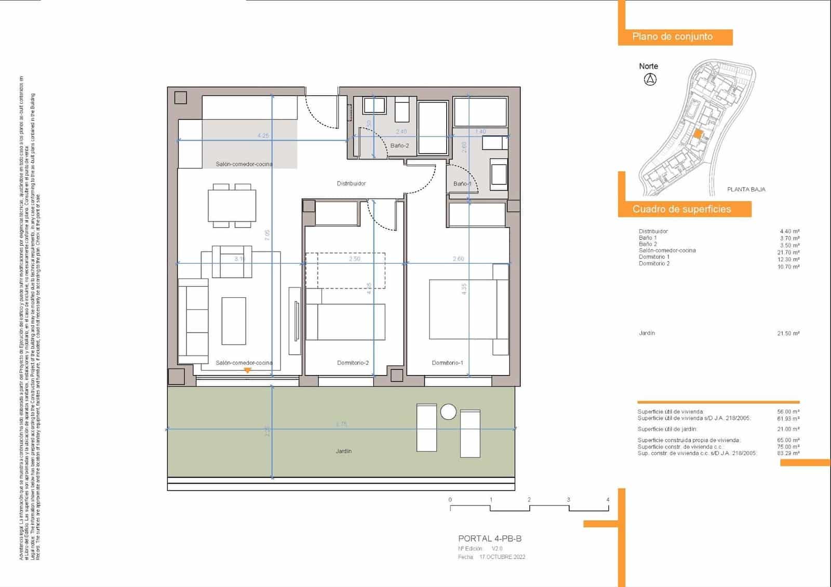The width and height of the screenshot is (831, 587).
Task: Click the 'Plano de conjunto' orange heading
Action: coord(672,37)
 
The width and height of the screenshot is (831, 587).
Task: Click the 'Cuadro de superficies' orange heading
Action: coord(681,209)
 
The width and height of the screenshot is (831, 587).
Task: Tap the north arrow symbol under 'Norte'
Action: coord(650,79)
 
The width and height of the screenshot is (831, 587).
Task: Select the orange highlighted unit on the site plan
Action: coord(698,134)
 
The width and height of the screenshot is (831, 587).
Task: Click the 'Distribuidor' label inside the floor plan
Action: coord(351,183)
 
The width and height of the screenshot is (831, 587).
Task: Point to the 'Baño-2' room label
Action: coord(399,146)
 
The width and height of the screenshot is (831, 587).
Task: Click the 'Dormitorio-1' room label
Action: coord(447,363)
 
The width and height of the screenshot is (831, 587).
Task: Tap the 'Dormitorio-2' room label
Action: coord(353,363)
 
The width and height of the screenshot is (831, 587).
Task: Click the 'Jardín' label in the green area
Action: coord(343,451)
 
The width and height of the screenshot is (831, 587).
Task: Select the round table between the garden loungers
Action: coord(448,412)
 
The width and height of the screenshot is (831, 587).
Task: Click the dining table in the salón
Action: coord(232,206)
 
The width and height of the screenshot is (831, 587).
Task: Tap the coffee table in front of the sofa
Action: coord(233,321)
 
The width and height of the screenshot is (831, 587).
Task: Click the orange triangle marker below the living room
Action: coord(248,370)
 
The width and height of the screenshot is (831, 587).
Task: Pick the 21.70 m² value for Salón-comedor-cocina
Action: coord(788,252)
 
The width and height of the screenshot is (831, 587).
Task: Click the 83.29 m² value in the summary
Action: coord(788,453)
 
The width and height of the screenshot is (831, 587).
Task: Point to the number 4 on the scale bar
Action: coord(608,500)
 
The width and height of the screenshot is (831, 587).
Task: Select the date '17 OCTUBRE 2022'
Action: coord(502,557)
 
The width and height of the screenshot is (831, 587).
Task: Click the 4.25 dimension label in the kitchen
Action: coord(263,136)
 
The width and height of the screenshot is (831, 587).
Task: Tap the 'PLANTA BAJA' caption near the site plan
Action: coord(746,190)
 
